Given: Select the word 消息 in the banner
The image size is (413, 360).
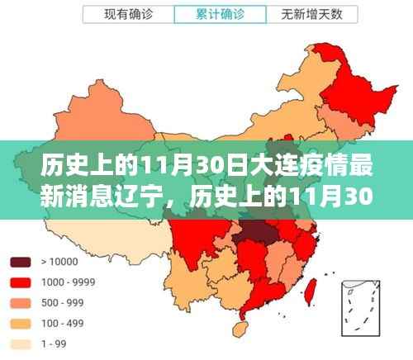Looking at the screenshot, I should coord(82,198).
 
